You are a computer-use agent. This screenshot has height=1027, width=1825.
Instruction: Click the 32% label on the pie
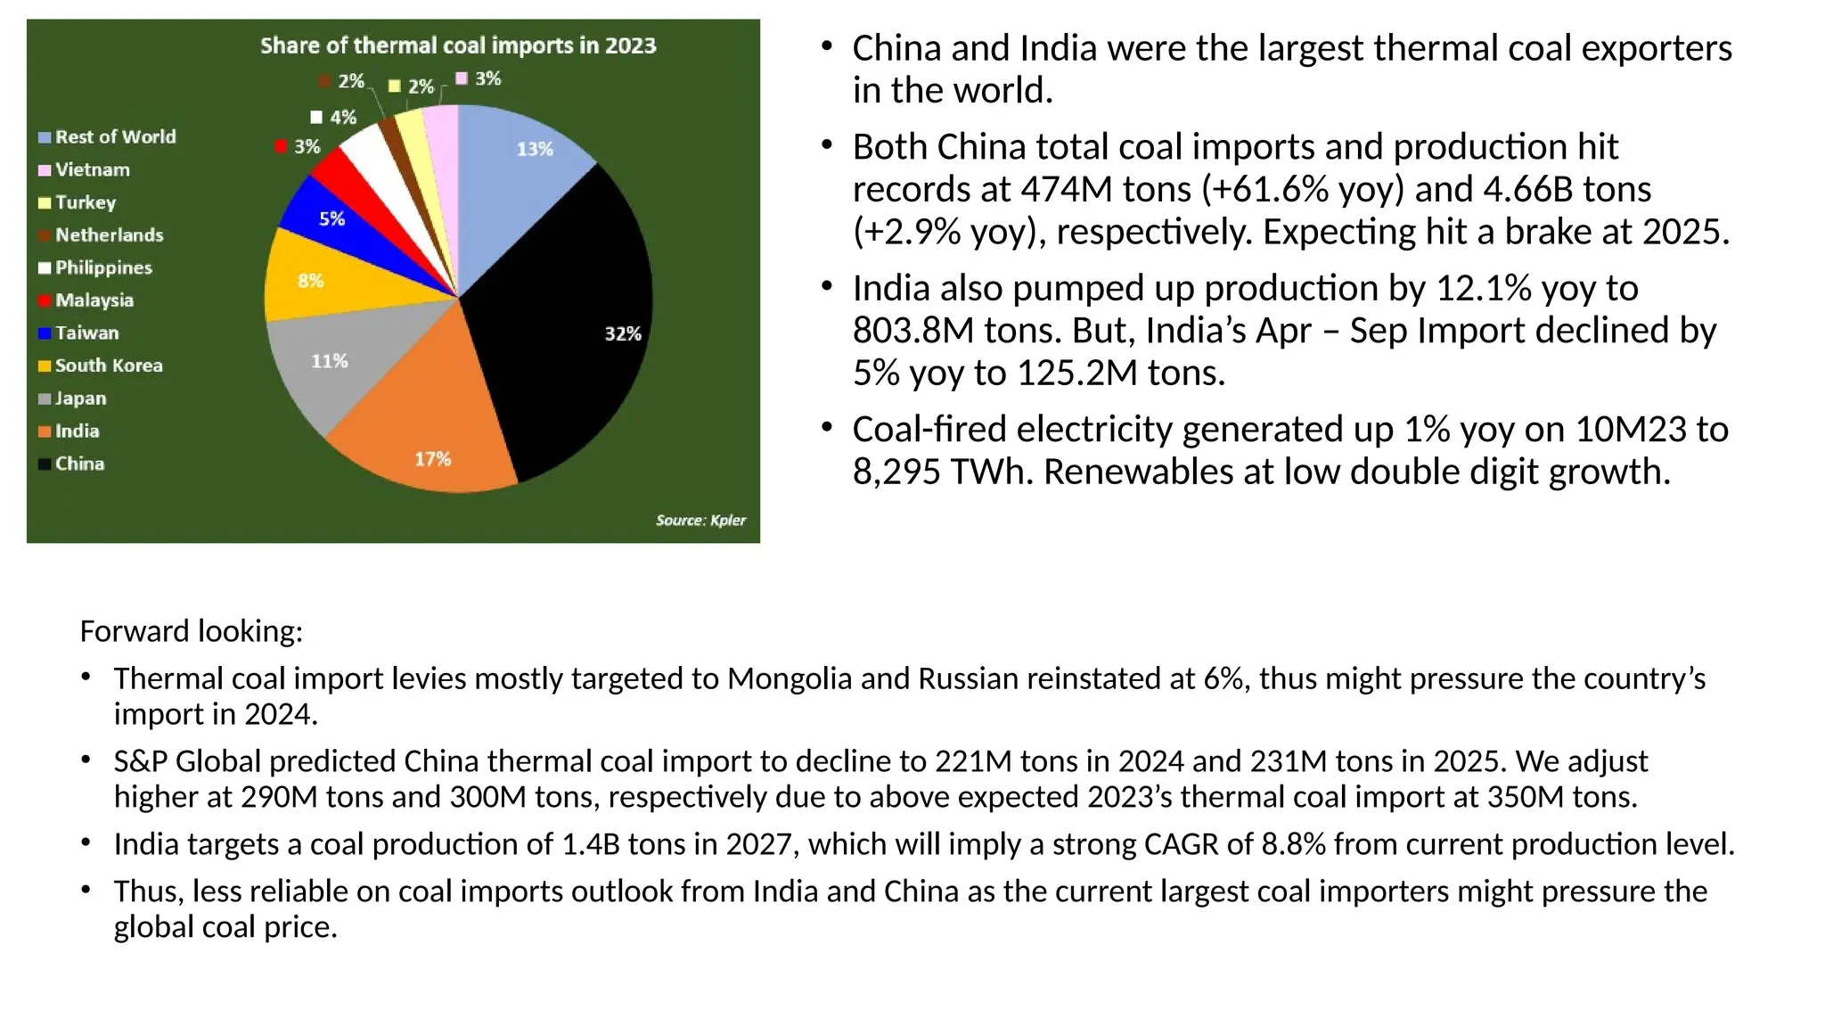pos(623,333)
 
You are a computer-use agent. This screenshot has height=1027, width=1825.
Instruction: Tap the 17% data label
pos(433,459)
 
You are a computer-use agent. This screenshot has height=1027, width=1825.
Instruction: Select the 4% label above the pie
pos(342,117)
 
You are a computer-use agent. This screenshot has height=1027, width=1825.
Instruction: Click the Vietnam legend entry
pos(92,169)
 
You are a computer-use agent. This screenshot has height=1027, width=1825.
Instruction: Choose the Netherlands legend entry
pos(109,235)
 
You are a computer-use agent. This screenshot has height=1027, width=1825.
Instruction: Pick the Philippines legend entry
pos(103,267)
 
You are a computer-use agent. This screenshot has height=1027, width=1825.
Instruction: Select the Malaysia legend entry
pos(94,300)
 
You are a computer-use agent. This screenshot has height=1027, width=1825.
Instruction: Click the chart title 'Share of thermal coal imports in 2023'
pos(458,45)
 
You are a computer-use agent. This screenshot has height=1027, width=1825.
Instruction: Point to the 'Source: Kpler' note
pos(700,520)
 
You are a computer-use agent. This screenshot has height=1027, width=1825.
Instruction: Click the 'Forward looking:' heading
pos(192,631)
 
